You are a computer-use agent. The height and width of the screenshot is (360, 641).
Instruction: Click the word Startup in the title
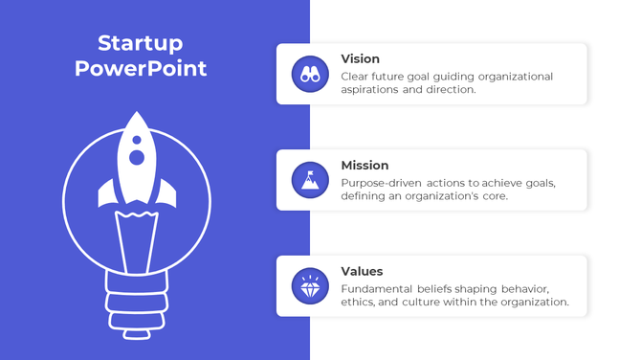141,43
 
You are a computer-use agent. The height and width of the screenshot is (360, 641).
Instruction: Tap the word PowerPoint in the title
141,69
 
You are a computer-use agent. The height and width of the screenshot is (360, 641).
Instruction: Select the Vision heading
360,58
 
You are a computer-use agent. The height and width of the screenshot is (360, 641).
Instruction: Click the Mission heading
365,165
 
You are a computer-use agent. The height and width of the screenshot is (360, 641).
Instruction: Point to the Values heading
362,271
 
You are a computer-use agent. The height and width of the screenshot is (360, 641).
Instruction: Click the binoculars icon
309,74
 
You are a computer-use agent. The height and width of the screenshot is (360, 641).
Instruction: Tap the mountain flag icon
309,180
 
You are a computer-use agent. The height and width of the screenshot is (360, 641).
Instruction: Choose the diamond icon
309,286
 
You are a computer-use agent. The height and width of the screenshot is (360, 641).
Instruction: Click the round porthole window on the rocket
138,156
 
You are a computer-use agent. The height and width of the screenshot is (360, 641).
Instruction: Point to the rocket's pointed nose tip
138,115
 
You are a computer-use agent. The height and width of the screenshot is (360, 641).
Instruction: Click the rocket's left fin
105,192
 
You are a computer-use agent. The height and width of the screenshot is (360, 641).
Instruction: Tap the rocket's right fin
169,192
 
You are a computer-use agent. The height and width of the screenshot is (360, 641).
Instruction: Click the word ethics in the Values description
357,303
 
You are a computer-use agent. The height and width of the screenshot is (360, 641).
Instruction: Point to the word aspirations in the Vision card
370,90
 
